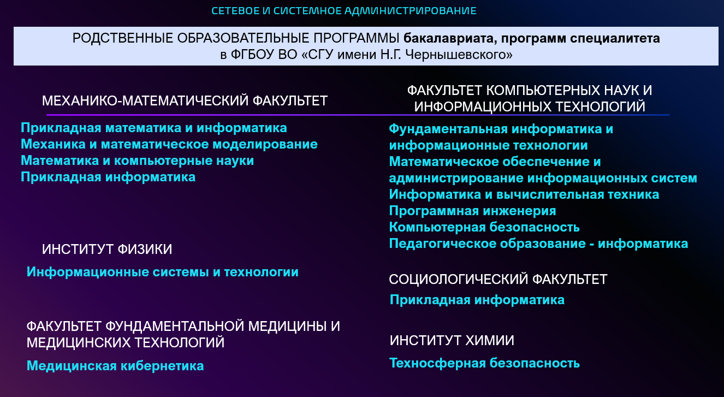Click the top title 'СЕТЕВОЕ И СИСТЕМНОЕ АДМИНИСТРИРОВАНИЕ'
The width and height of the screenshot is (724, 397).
coord(344,11)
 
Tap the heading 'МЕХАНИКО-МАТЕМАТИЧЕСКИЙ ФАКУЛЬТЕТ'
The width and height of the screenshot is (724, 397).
coord(185,101)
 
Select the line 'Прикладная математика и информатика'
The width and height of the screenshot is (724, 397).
coord(154,128)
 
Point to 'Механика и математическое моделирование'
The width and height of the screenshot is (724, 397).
coord(169,144)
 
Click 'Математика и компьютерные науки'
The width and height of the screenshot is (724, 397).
coord(138,161)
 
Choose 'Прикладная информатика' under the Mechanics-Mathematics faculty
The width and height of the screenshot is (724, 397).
coord(108,177)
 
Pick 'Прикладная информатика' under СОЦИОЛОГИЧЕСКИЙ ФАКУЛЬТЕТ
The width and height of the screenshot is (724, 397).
coord(477,300)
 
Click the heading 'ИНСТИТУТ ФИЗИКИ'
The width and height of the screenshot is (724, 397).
coord(107,249)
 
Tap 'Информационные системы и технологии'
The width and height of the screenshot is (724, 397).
coord(163,272)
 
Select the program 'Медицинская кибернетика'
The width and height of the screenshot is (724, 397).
coord(115,366)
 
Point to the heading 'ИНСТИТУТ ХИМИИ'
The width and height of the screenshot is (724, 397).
coord(452,340)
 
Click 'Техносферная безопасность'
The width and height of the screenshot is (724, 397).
coord(484,363)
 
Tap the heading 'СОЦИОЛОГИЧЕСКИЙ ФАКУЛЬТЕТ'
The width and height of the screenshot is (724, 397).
coord(498,280)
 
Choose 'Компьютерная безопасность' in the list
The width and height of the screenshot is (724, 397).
coord(484,227)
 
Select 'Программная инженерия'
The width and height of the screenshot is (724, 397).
coord(472,211)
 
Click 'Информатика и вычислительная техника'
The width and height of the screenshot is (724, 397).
coord(524,194)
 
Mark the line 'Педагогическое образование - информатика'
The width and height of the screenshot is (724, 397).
coord(539,244)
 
